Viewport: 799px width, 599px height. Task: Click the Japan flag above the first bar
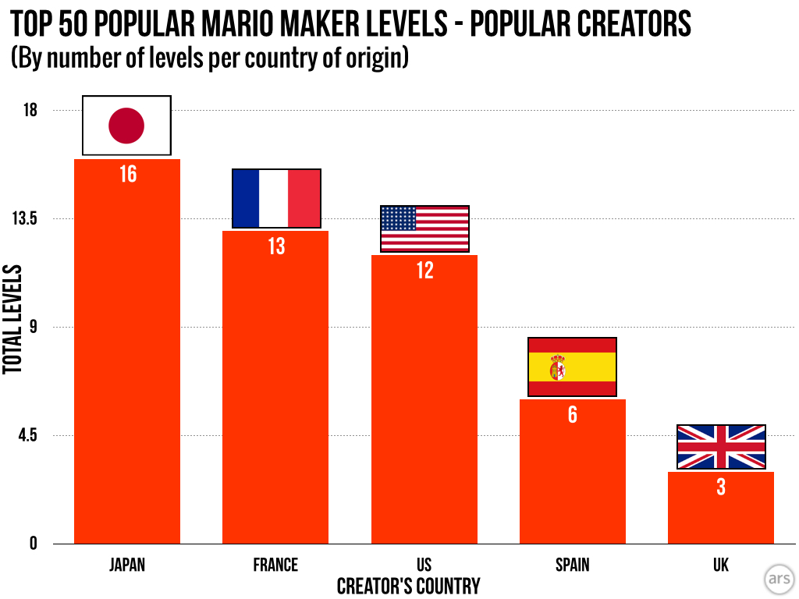[x=126, y=126]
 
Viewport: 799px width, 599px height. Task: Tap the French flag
[x=276, y=199]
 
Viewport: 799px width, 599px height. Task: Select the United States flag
[x=424, y=229]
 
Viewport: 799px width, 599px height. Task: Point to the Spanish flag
[x=573, y=367]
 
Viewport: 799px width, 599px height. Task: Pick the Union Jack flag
[x=721, y=447]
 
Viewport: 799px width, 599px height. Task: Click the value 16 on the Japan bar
[x=127, y=174]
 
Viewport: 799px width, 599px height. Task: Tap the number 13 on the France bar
[x=276, y=246]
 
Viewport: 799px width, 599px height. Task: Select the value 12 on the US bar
[x=424, y=271]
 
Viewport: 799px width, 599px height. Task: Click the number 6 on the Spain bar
[x=573, y=415]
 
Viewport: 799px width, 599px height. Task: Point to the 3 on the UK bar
[x=721, y=487]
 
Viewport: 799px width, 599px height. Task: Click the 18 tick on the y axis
[x=30, y=110]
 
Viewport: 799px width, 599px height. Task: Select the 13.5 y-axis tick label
[x=23, y=218]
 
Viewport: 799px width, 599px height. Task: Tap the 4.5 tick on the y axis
[x=27, y=435]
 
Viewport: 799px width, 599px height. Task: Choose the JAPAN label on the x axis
[x=127, y=565]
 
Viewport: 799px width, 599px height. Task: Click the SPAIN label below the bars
[x=573, y=565]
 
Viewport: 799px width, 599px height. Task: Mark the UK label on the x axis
[x=721, y=565]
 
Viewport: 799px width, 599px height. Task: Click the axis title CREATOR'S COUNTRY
[x=408, y=586]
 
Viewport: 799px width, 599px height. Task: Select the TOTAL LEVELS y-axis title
[x=12, y=321]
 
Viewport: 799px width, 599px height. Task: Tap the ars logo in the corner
[x=778, y=579]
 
